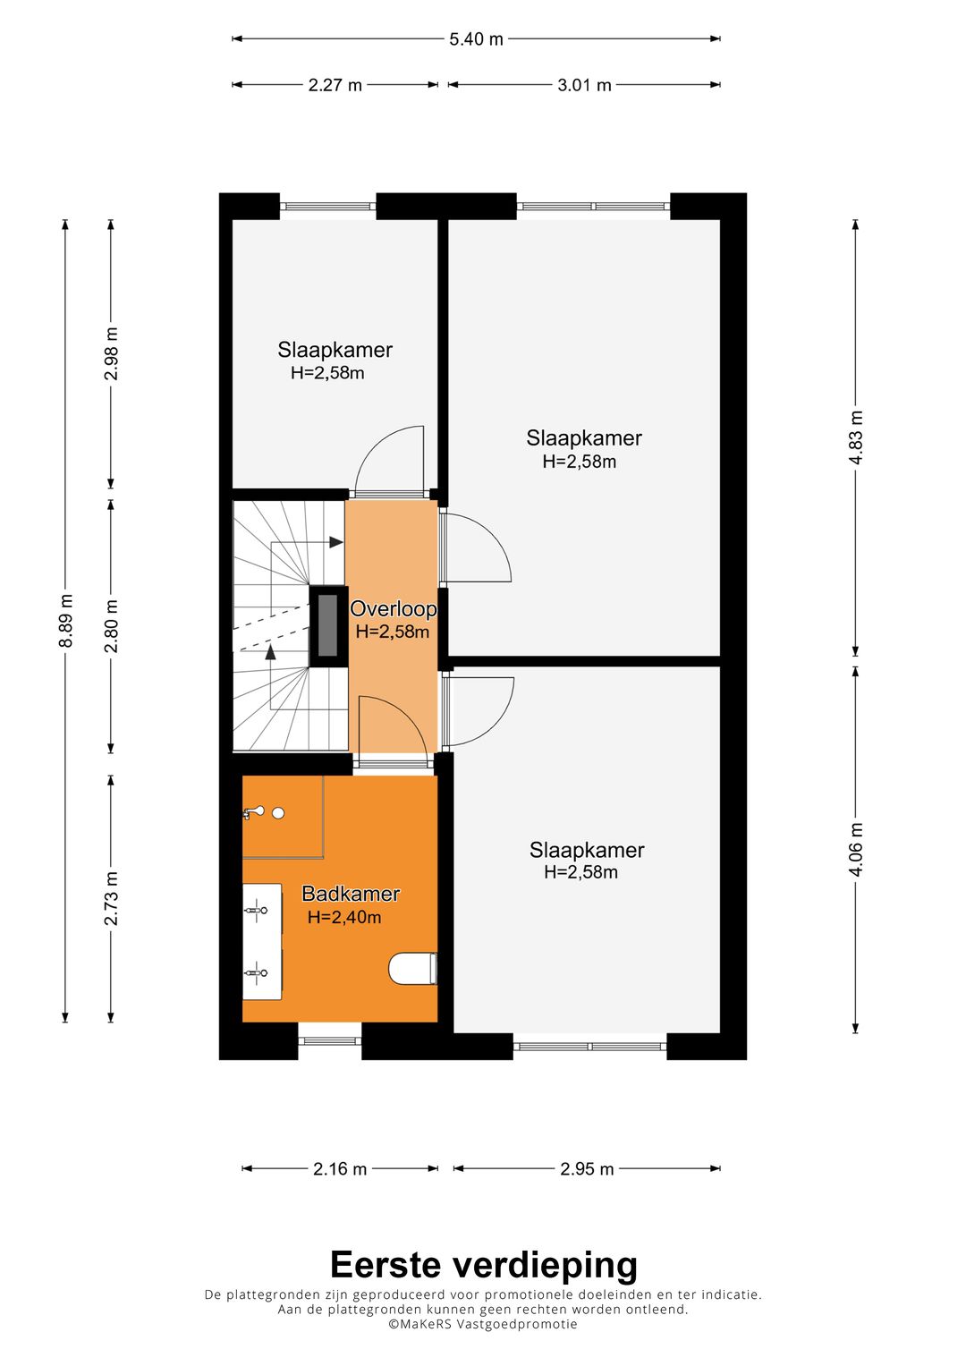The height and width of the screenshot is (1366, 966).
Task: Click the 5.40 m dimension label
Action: click(476, 39)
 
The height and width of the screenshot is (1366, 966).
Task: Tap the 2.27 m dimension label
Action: click(335, 85)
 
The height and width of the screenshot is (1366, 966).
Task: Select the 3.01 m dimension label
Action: click(584, 85)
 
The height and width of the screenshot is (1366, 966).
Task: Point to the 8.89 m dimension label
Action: click(65, 620)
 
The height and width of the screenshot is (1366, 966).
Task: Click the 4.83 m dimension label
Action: click(856, 437)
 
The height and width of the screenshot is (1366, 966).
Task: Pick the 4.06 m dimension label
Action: click(856, 850)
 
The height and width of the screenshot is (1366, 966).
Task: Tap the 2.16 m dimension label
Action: click(340, 1169)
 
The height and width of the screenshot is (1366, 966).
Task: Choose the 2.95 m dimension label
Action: click(587, 1169)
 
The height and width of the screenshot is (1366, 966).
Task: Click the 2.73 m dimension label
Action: click(111, 898)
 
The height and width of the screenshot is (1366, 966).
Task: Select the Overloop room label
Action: click(393, 608)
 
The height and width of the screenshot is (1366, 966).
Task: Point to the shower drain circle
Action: click(279, 813)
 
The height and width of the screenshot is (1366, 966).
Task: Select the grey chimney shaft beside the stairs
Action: click(329, 626)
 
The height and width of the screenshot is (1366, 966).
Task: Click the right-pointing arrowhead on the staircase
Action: click(336, 542)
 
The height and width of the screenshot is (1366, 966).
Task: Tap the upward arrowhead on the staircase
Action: click(270, 651)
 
